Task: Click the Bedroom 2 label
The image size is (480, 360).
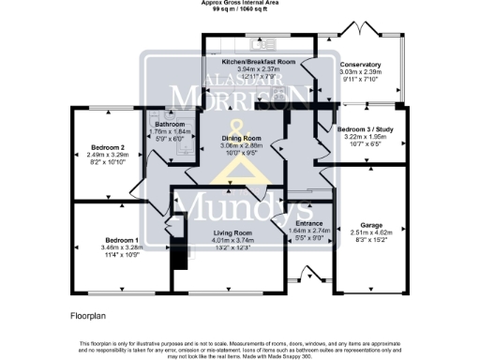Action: (x=109, y=147)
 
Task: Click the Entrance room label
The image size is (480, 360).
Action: (x=296, y=222)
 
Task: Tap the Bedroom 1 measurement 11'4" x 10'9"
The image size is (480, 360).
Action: (x=108, y=255)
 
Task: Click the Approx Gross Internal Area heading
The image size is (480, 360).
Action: (x=239, y=3)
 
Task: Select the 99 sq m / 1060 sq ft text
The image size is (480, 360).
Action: (x=239, y=9)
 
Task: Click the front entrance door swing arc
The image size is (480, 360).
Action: (x=307, y=273)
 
